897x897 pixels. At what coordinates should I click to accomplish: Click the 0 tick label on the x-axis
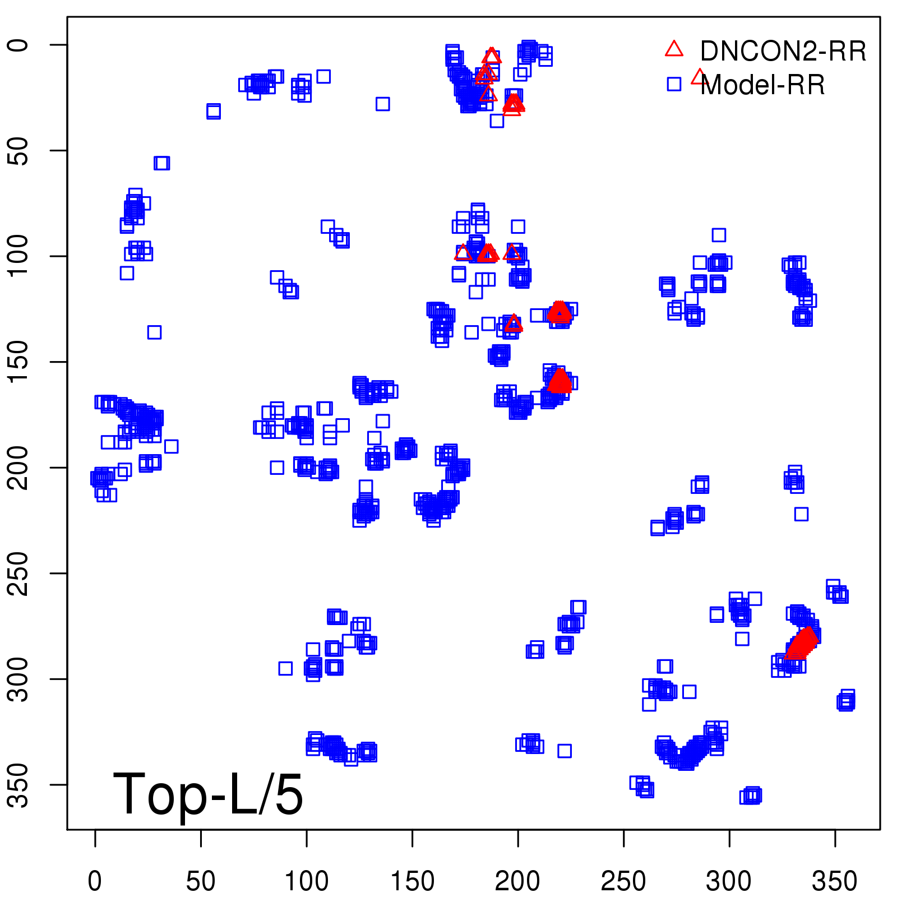95,881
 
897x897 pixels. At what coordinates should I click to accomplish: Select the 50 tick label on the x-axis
201,881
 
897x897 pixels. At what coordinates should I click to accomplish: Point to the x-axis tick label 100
306,881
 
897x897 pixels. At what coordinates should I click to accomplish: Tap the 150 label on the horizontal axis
412,881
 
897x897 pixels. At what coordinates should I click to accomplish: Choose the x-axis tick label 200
517,881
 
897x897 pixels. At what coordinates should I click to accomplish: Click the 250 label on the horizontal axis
623,881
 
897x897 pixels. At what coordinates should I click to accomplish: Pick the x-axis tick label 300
729,881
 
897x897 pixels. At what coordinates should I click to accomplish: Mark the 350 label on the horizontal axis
835,881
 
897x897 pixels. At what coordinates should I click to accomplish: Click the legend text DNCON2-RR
783,52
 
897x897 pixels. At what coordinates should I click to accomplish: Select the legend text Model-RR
762,85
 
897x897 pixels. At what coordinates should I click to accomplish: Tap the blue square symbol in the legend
674,84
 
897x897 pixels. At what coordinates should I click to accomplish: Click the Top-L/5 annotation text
208,794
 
